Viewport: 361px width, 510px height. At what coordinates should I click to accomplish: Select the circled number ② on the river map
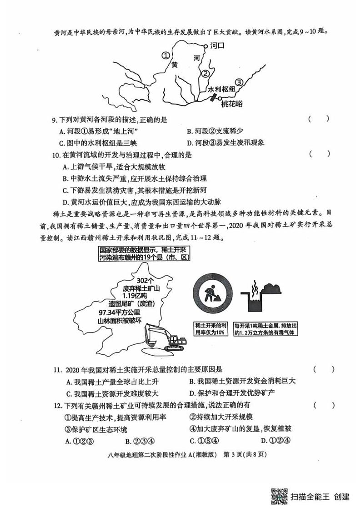coord(206,73)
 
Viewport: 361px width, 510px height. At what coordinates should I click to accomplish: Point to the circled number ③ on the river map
coord(240,82)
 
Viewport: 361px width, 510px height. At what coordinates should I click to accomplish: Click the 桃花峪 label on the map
coord(232,104)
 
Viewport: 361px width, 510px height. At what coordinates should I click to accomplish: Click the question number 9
coord(54,120)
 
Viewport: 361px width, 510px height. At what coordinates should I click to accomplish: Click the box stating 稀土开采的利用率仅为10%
coord(211,329)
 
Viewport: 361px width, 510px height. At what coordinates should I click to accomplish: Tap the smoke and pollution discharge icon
coord(263,296)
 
